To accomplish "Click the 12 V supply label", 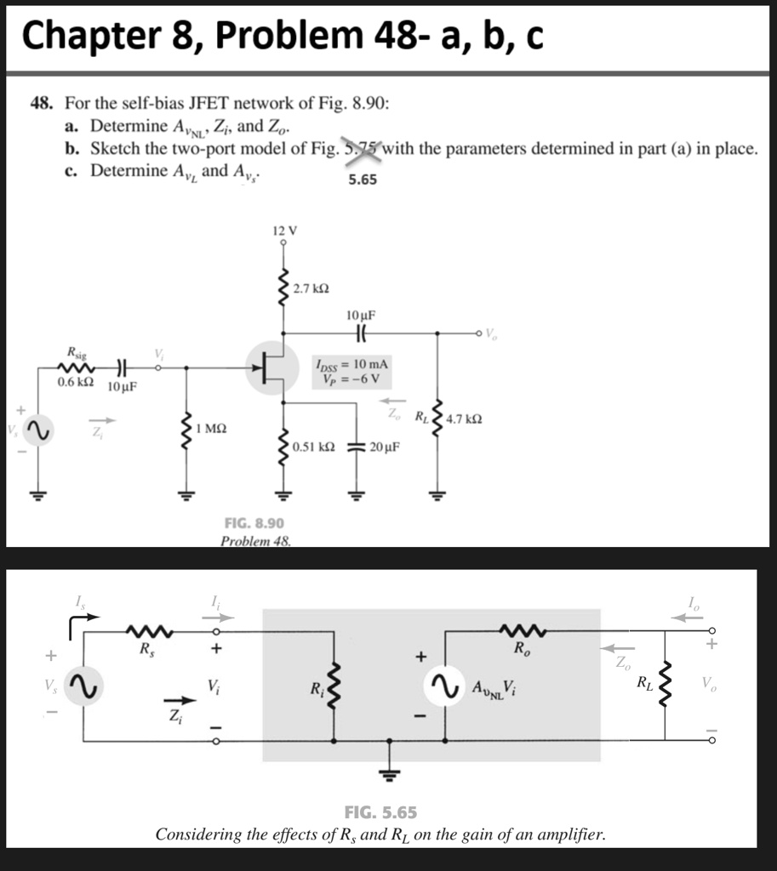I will (x=283, y=230).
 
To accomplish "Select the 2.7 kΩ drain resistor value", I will (x=307, y=290).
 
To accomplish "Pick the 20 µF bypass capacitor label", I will (x=386, y=446).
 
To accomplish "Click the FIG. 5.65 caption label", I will (x=380, y=811).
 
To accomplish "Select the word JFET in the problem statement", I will (x=196, y=104).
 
